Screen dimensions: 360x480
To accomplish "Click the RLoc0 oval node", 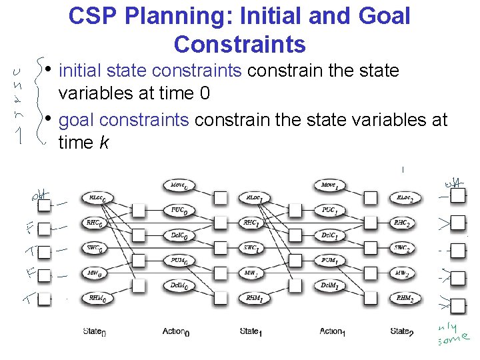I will pos(98,198).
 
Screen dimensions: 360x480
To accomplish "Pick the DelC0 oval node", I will pos(179,235).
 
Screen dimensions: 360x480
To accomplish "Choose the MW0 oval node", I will pos(97,273).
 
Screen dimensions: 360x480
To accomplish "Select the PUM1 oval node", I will pos(329,261).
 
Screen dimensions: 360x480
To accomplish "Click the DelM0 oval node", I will pos(178,285).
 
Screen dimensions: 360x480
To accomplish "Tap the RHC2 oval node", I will pos(402,223).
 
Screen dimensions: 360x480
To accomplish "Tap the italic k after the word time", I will pos(105,143).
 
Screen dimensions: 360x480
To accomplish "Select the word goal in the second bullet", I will pos(76,120).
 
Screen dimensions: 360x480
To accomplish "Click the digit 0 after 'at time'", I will pos(205,93).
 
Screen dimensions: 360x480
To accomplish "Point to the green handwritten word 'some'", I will pos(456,340).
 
